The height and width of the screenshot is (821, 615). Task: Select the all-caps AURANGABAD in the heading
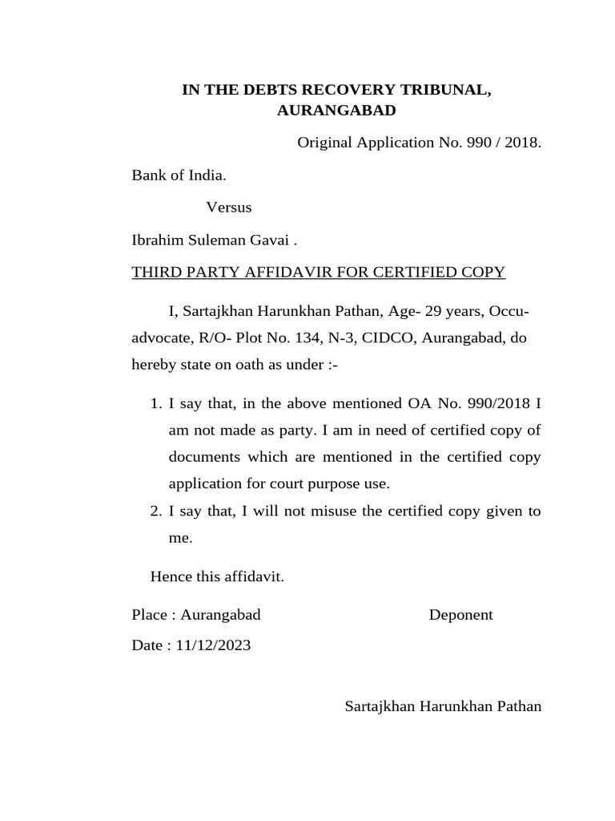click(x=336, y=111)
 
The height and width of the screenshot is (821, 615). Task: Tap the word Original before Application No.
click(x=324, y=144)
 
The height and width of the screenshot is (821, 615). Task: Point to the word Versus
click(x=229, y=208)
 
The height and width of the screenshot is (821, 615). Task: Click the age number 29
click(x=441, y=311)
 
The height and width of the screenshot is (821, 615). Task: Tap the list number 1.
click(x=155, y=403)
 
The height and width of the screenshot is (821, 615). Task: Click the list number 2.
click(x=155, y=512)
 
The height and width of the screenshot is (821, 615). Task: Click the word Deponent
click(x=460, y=616)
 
